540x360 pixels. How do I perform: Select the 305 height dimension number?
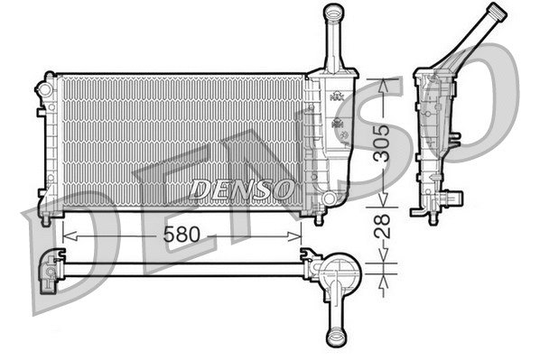coord(384,142)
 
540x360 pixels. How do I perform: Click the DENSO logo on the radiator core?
coord(241,189)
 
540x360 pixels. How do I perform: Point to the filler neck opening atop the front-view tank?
coord(334,11)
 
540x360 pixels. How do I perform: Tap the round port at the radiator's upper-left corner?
coord(43,88)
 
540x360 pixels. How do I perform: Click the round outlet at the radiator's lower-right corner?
coord(329,198)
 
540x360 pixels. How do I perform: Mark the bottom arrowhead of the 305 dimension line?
coord(384,205)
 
